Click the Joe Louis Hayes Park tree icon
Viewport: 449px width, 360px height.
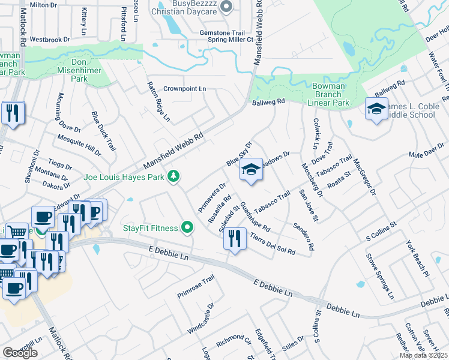point(173,176)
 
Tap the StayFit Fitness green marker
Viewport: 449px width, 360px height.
point(187,228)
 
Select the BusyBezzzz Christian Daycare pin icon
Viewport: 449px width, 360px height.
point(226,7)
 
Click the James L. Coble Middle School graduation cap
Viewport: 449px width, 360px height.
point(376,109)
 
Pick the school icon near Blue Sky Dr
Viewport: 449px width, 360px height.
point(252,170)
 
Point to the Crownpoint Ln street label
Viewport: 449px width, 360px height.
point(185,89)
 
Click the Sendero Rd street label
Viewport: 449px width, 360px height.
point(303,236)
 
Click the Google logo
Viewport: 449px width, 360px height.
point(20,353)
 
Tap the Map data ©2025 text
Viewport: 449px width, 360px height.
point(423,355)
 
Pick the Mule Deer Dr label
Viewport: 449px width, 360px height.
point(426,154)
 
